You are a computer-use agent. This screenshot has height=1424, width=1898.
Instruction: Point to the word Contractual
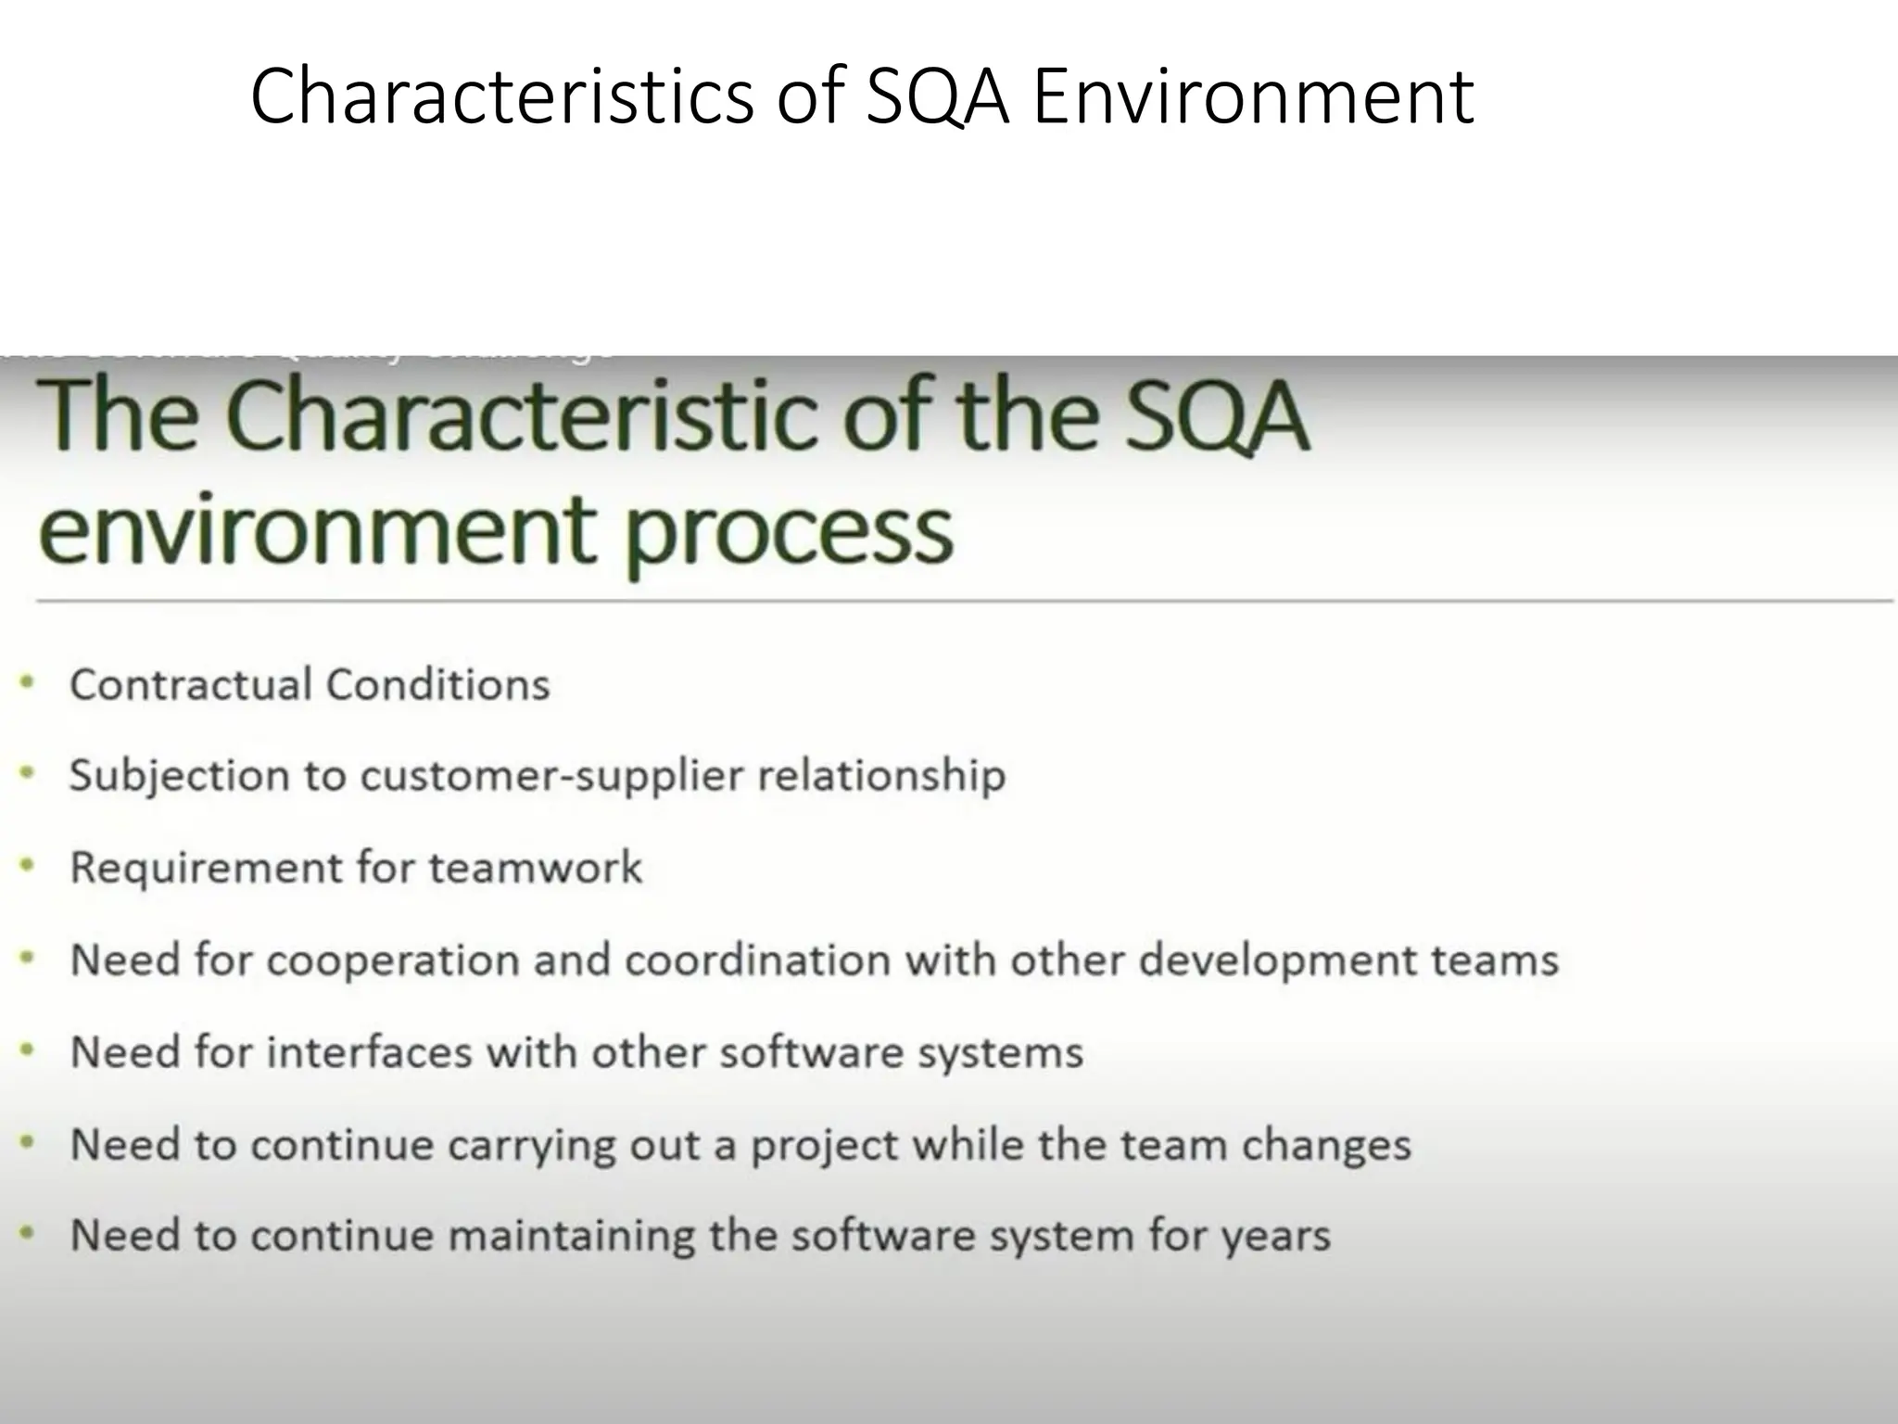click(191, 685)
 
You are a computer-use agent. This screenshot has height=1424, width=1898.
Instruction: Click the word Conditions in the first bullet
click(437, 685)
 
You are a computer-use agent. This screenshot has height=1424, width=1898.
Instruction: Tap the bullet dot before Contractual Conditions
click(28, 683)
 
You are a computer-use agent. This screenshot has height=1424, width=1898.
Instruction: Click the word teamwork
click(535, 868)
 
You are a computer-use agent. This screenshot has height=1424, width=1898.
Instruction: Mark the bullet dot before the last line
click(28, 1234)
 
